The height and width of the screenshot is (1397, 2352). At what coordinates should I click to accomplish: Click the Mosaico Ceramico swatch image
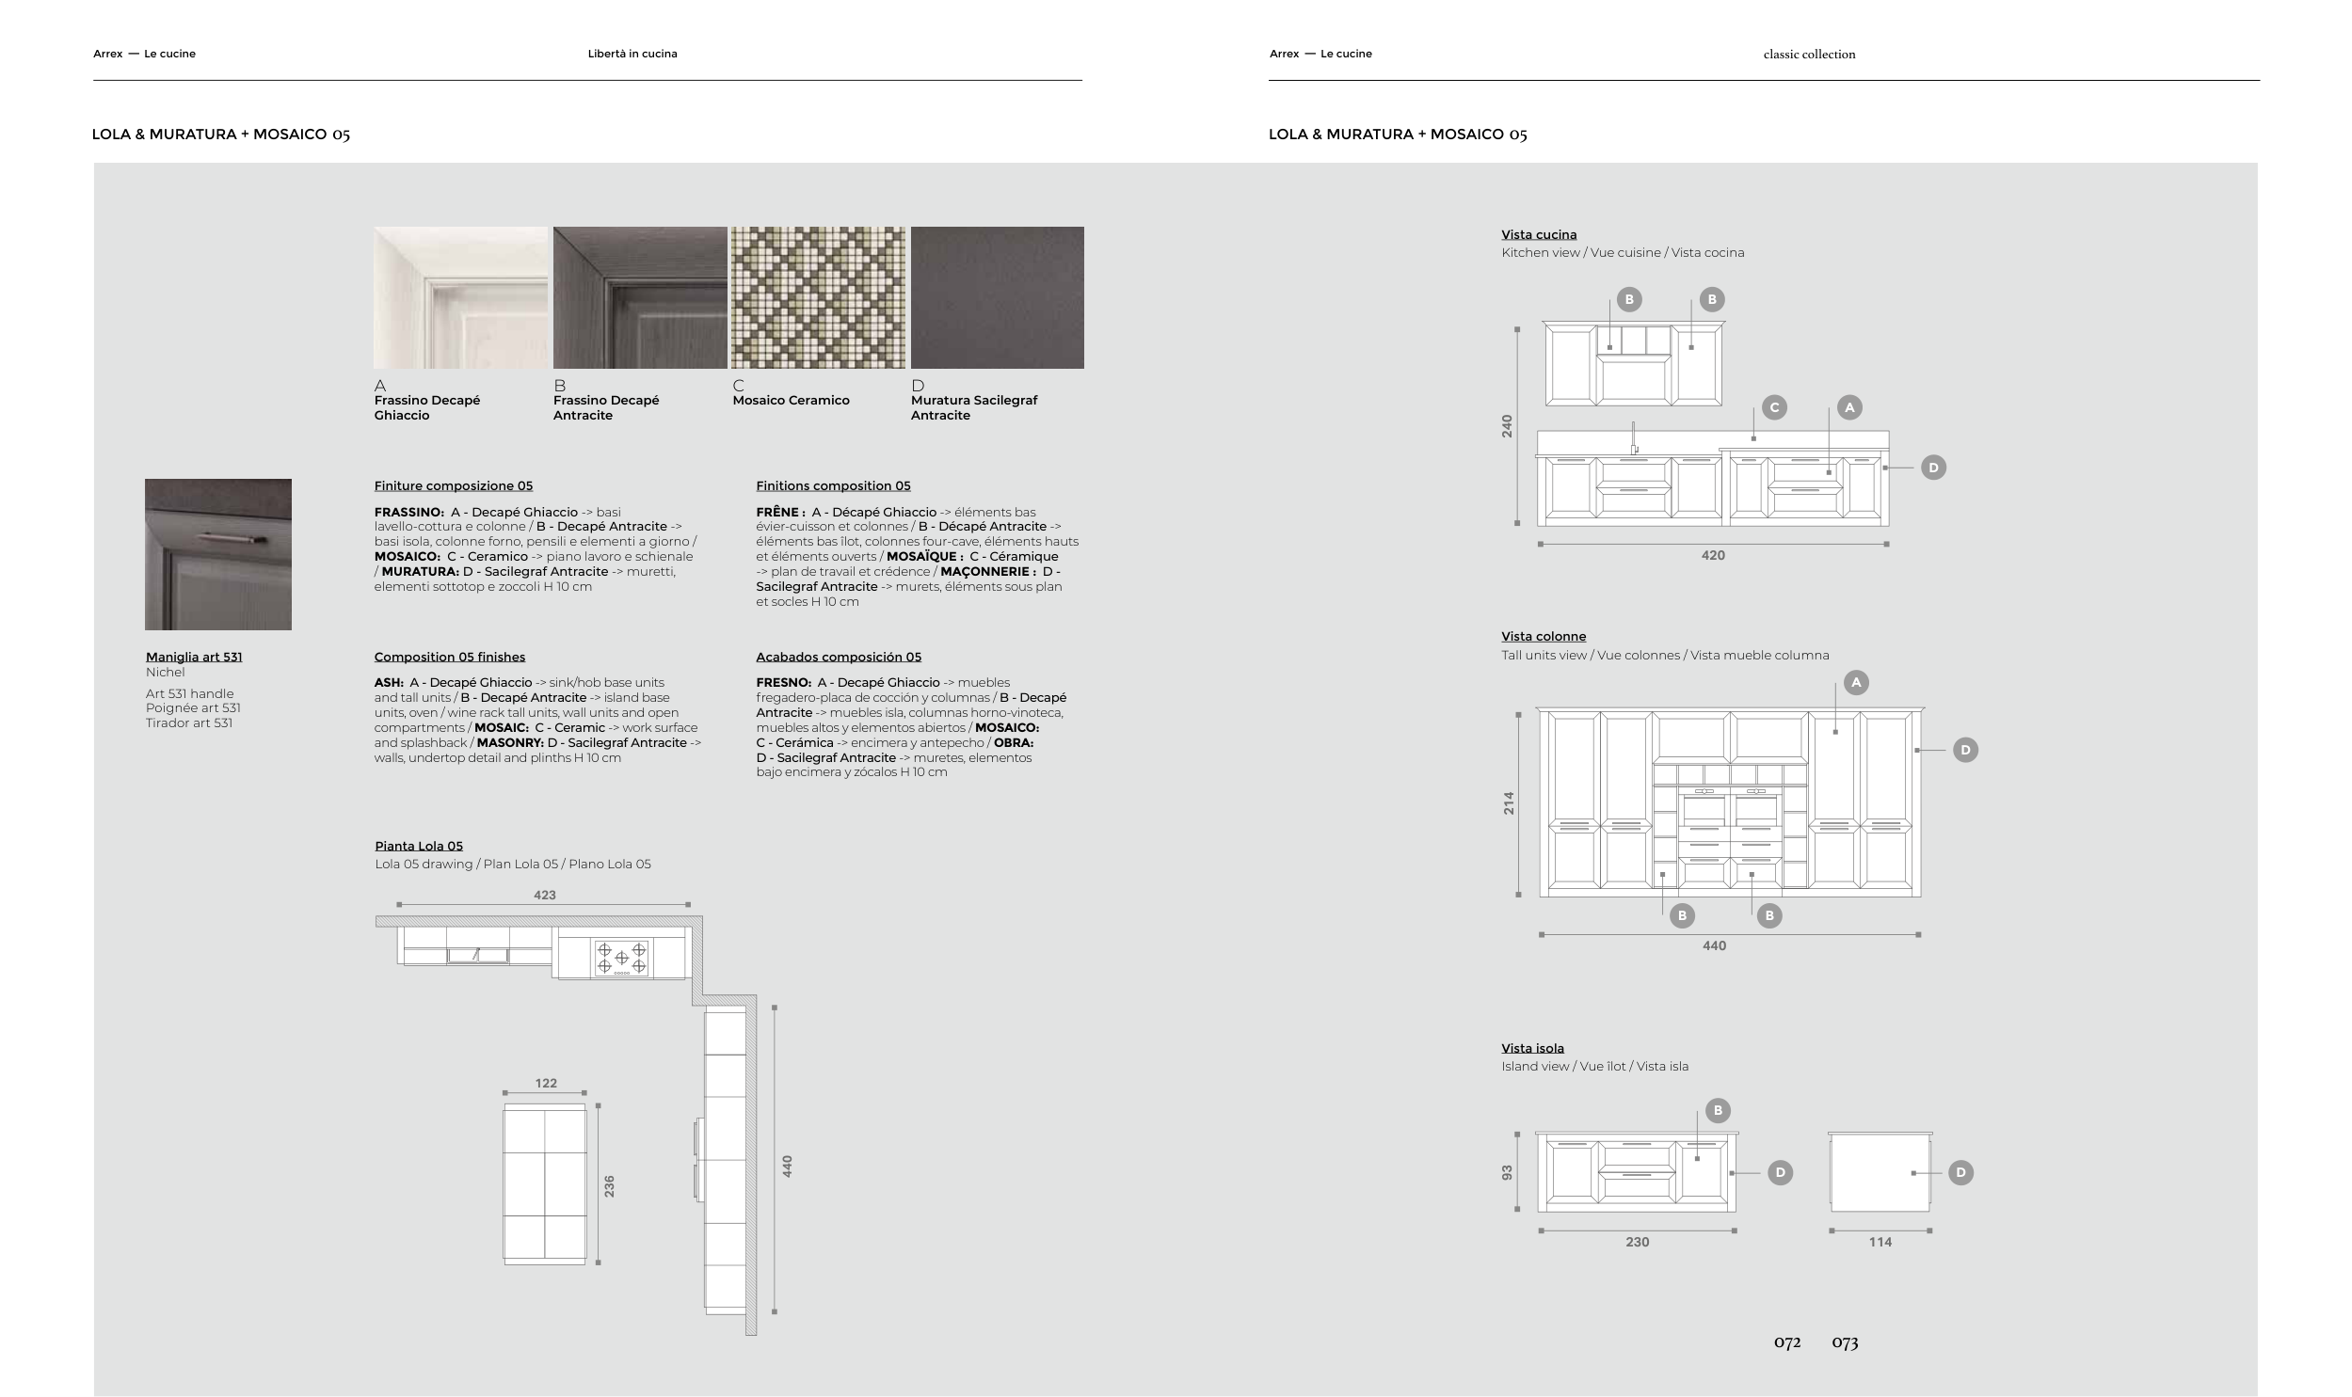tap(818, 297)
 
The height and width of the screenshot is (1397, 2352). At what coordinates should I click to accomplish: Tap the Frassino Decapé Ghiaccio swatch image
tap(460, 297)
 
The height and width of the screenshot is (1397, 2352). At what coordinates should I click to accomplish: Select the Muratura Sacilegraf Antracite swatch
tap(997, 297)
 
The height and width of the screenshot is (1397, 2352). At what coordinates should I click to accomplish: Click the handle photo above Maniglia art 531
tap(218, 554)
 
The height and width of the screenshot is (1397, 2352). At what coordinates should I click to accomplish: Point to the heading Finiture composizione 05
tap(453, 485)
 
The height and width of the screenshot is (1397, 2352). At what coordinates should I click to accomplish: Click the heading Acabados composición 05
tap(839, 657)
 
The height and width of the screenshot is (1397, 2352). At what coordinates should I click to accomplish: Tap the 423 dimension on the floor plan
tap(544, 896)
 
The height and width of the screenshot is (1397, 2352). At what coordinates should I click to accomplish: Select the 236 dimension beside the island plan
tap(609, 1186)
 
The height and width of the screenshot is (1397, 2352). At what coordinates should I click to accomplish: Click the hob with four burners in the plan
tap(621, 959)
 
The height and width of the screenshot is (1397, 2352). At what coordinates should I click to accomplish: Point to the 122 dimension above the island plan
tap(546, 1084)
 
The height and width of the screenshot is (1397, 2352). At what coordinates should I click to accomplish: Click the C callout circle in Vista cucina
tap(1775, 407)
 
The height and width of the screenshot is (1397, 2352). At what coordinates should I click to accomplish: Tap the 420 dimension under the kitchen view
tap(1714, 555)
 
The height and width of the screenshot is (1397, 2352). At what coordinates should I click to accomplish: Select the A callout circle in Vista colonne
tap(1856, 682)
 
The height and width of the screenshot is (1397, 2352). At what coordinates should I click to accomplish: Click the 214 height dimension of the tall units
tap(1510, 803)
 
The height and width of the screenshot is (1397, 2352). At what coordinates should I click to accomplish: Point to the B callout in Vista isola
tap(1718, 1111)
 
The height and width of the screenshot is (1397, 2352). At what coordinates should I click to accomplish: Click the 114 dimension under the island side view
tap(1880, 1243)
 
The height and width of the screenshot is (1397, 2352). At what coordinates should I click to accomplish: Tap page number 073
tap(1845, 1342)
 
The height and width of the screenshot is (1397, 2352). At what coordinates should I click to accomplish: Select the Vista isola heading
tap(1533, 1048)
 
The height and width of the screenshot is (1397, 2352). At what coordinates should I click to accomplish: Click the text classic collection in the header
tap(1810, 55)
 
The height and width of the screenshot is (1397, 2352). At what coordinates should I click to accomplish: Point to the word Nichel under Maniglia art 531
tap(166, 672)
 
